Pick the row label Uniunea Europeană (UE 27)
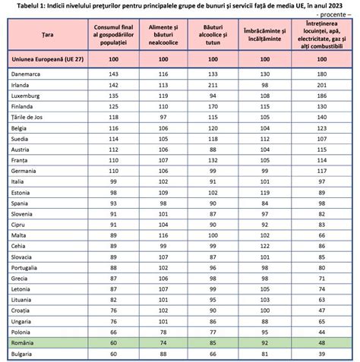pos(47,58)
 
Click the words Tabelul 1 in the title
pos(24,6)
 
